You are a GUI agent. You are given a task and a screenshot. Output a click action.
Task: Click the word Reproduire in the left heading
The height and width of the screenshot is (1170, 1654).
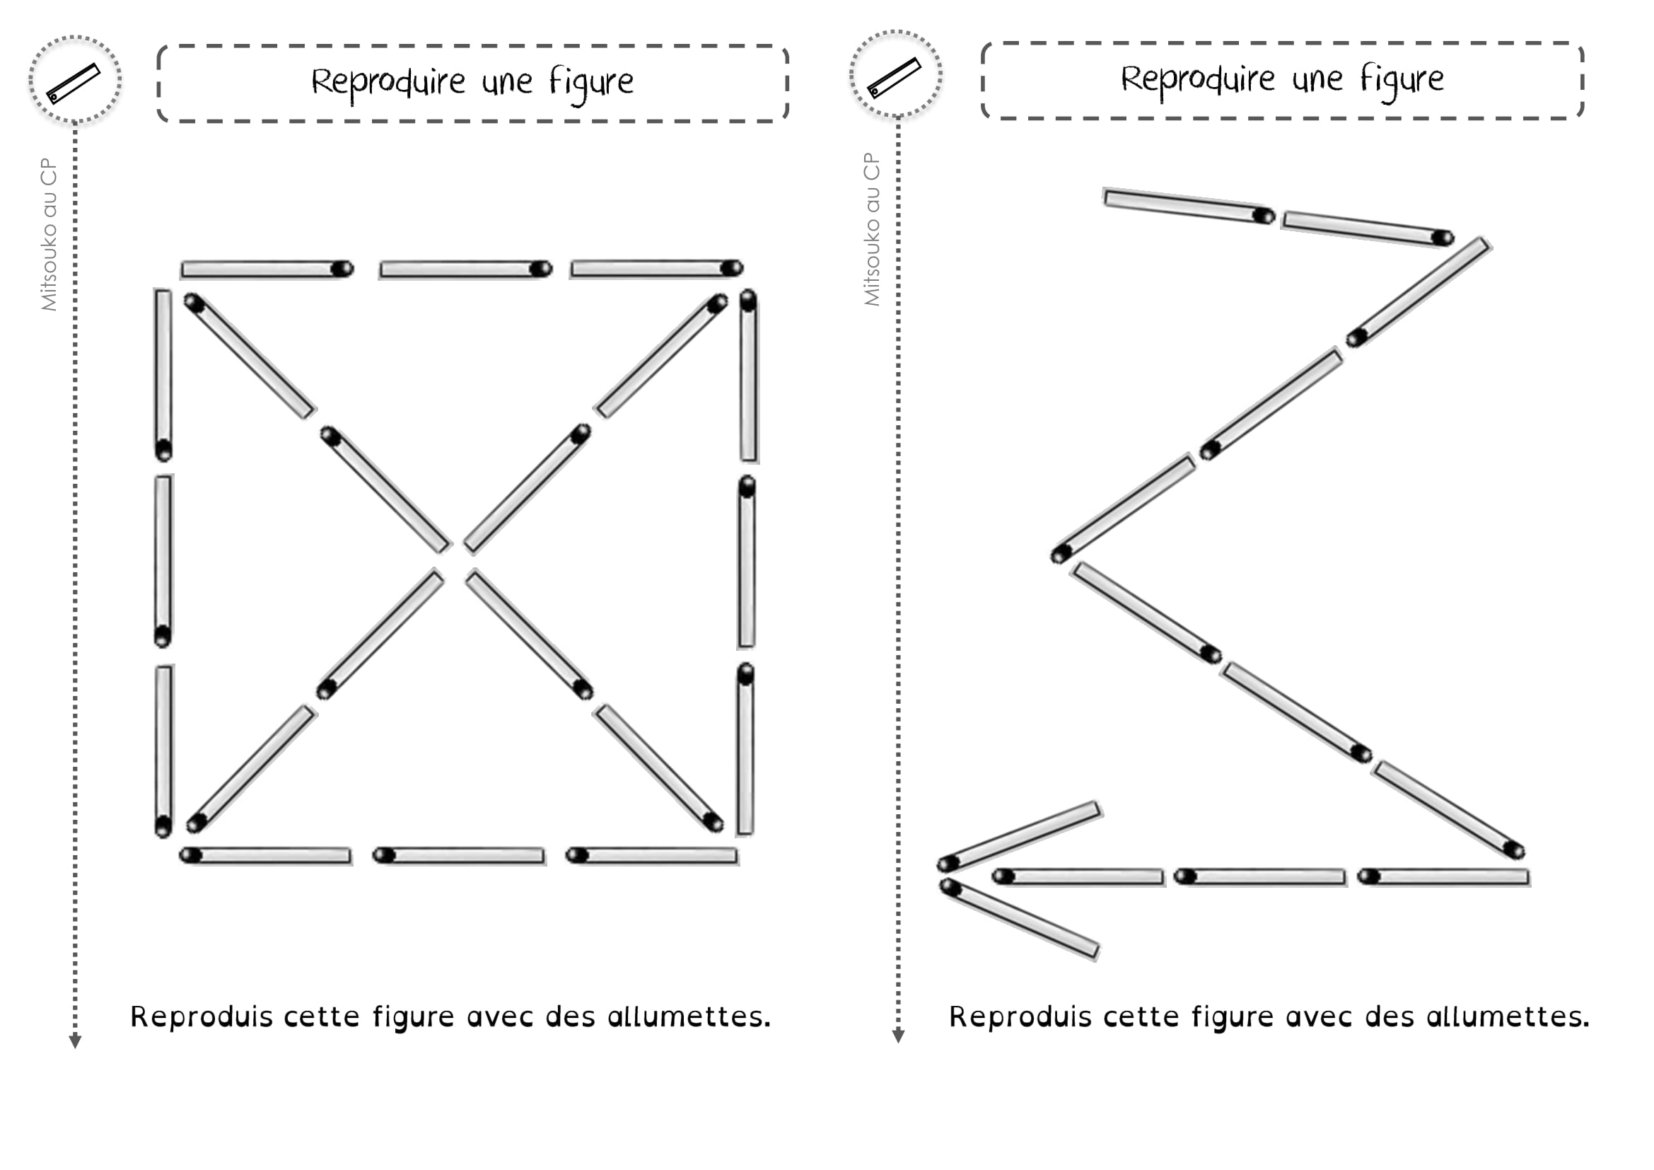pyautogui.click(x=388, y=83)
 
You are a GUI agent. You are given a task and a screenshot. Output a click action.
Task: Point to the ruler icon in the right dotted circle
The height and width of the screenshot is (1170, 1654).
pyautogui.click(x=894, y=77)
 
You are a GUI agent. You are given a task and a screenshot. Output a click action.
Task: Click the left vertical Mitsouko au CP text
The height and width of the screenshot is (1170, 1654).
pyautogui.click(x=49, y=234)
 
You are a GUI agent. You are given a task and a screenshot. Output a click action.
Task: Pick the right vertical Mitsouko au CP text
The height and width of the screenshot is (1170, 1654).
pyautogui.click(x=872, y=229)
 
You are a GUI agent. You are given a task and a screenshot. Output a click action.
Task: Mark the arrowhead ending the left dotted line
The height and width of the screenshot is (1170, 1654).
pyautogui.click(x=75, y=1041)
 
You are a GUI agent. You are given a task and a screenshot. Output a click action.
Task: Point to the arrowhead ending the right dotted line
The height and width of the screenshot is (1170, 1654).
pyautogui.click(x=897, y=1036)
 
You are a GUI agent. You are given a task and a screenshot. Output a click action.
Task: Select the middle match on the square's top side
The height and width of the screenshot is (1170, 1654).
pyautogui.click(x=465, y=270)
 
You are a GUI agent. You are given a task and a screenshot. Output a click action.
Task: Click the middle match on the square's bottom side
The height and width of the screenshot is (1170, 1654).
pyautogui.click(x=459, y=855)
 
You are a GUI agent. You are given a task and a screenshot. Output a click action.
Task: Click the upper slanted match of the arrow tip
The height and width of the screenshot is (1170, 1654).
pyautogui.click(x=1020, y=835)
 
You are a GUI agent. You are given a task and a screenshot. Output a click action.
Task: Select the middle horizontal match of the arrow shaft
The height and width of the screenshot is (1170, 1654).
pyautogui.click(x=1260, y=876)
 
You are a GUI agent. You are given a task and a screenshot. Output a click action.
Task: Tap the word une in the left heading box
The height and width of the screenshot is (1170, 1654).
pyautogui.click(x=507, y=83)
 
